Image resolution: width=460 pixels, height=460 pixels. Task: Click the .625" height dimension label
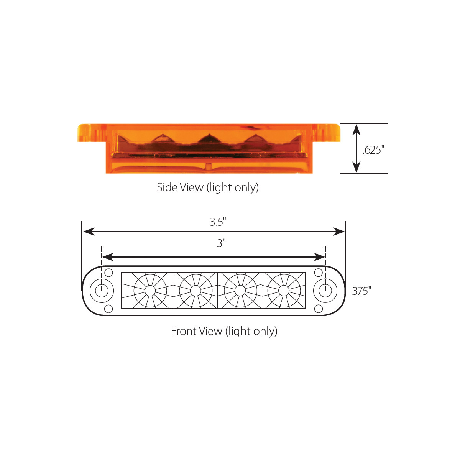[x=373, y=150]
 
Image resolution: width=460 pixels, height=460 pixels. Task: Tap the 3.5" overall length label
[x=218, y=222]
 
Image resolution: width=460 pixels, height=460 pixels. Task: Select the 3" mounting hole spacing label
[x=221, y=243]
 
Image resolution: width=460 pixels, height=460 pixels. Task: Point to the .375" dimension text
[x=361, y=291]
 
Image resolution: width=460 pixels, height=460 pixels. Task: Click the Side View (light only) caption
[x=208, y=187]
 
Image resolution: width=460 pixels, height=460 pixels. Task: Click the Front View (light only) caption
[x=224, y=331]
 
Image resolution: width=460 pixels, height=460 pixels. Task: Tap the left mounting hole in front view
[x=102, y=291]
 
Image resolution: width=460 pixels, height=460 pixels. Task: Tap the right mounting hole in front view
[x=325, y=291]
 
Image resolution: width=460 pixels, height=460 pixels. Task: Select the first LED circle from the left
[x=150, y=291]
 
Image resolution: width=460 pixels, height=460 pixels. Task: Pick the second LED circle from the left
[x=195, y=291]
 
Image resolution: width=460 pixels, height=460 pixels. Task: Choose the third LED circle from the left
[x=240, y=291]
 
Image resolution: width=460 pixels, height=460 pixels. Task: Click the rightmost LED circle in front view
[x=284, y=291]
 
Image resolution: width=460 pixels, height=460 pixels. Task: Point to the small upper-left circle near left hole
[x=108, y=273]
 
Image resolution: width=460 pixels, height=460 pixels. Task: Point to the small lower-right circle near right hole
[x=318, y=309]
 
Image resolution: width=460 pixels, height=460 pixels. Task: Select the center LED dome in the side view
[x=209, y=139]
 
